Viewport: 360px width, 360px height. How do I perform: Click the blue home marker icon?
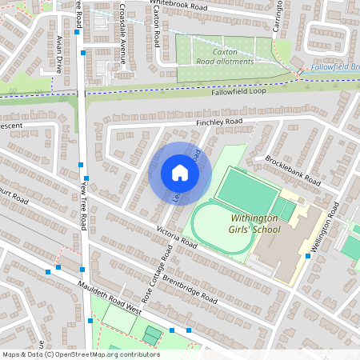(x=180, y=173)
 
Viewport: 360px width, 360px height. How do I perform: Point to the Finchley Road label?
(x=218, y=122)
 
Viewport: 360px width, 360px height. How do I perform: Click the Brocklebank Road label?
(x=292, y=170)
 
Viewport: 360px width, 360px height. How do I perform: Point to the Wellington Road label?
(x=326, y=228)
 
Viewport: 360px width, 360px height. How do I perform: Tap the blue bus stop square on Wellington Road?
(x=308, y=257)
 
